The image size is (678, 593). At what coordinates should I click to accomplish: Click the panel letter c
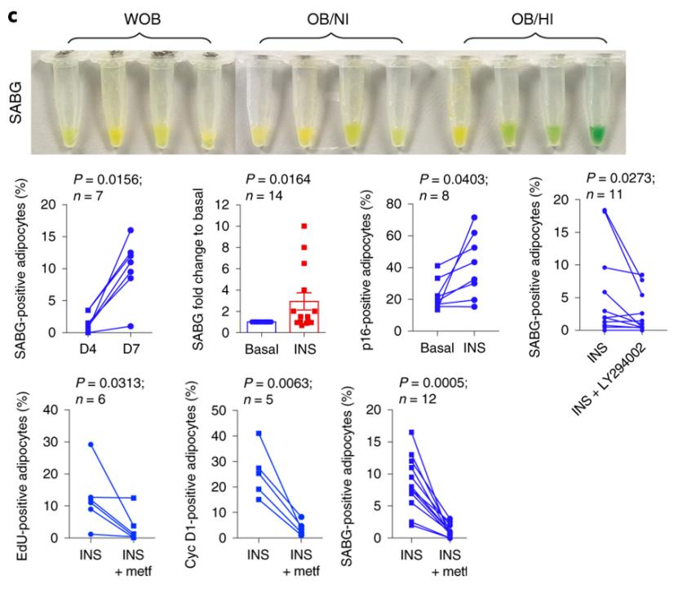coord(12,12)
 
